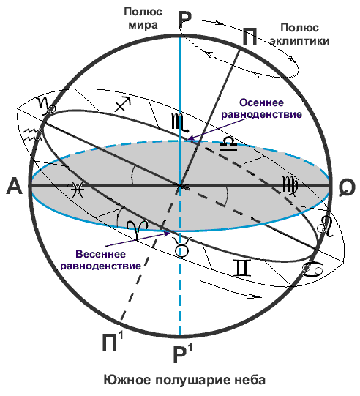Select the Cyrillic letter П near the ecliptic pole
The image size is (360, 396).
[x=250, y=37]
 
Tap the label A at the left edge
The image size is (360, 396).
[x=15, y=186]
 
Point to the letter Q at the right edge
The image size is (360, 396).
[x=347, y=187]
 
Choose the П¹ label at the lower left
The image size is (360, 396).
[x=113, y=341]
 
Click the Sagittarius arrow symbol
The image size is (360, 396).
[x=123, y=104]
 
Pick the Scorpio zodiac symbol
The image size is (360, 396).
[x=180, y=122]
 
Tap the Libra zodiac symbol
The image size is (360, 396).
[x=228, y=144]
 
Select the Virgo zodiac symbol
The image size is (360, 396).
[x=290, y=186]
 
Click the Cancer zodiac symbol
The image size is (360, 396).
[x=313, y=269]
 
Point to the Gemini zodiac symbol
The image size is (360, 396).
[x=243, y=268]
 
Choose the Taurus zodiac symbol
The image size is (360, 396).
[x=181, y=247]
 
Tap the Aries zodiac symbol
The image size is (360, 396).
[x=137, y=229]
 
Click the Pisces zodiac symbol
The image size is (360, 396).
[x=77, y=190]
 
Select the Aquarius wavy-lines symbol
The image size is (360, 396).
[x=31, y=135]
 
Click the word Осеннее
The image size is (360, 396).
[x=261, y=102]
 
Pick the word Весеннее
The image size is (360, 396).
[x=100, y=254]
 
